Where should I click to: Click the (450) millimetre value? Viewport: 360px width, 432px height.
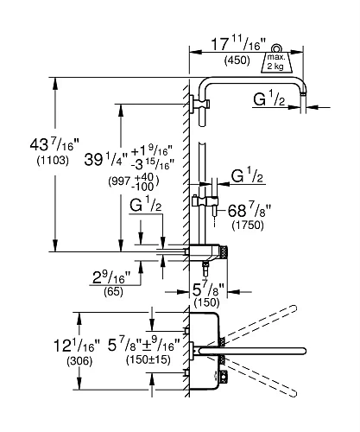click(237, 60)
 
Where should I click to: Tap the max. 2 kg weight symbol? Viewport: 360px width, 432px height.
click(276, 61)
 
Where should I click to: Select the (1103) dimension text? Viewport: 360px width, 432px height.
click(53, 161)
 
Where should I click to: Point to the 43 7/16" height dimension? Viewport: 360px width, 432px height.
click(54, 145)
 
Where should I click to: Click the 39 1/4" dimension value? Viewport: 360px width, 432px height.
click(105, 160)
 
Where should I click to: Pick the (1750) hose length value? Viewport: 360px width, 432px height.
click(248, 225)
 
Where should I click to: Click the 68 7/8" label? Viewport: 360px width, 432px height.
click(249, 211)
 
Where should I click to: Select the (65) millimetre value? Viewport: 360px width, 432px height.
click(113, 291)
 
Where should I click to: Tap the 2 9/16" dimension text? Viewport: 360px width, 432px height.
click(111, 278)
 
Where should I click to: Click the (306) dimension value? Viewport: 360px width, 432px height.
click(79, 361)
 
